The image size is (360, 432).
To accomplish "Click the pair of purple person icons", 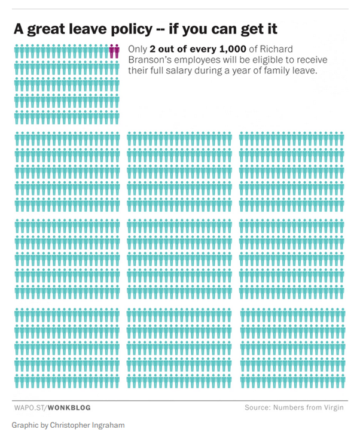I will click(x=114, y=51).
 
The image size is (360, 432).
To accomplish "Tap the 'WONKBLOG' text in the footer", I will click(x=70, y=408).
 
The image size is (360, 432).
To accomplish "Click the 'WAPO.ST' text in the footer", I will click(x=29, y=408).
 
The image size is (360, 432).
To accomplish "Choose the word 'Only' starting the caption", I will click(x=138, y=50).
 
